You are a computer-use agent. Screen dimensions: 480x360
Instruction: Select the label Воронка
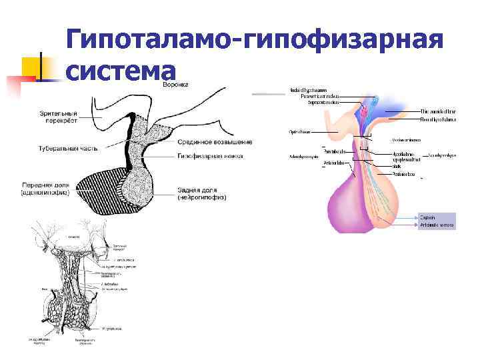click(176, 85)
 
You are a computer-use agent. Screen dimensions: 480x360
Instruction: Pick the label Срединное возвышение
click(215, 141)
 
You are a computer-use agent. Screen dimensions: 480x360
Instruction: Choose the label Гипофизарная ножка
click(210, 157)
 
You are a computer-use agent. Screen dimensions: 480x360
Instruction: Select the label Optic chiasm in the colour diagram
click(299, 131)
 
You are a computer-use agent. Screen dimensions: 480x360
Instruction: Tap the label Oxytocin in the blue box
click(427, 217)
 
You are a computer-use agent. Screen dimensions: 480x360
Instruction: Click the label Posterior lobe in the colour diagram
click(403, 174)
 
